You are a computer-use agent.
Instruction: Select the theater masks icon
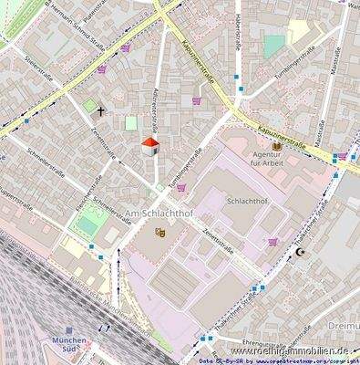[160, 232]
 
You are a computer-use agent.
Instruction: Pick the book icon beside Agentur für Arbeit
[276, 146]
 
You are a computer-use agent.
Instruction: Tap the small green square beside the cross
[88, 107]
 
